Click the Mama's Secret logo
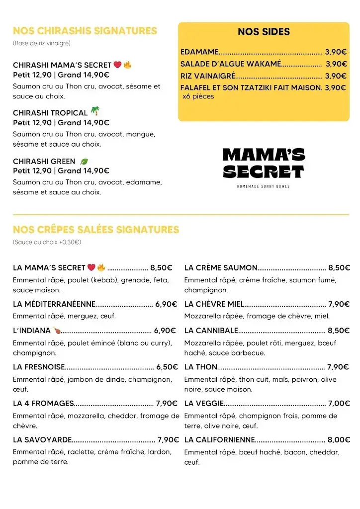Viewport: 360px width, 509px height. (264, 164)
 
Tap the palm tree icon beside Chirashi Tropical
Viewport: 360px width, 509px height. (95, 112)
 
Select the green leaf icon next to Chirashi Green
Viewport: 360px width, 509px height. (84, 162)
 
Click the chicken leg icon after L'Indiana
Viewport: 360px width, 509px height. (57, 330)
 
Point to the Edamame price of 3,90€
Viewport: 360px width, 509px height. (336, 52)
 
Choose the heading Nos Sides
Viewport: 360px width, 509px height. (264, 32)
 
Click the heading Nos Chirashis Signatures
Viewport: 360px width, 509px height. (85, 31)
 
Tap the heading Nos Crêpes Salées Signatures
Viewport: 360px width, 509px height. (95, 230)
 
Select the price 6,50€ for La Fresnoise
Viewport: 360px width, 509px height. (167, 367)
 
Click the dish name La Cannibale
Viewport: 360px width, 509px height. (211, 331)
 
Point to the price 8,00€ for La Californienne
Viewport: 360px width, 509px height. (338, 439)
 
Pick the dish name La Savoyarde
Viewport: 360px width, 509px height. (42, 439)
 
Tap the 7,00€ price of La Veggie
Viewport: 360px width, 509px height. (338, 403)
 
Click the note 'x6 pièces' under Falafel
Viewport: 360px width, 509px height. (198, 96)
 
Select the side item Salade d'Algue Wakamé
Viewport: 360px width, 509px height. (231, 64)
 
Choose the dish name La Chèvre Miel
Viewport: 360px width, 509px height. (214, 304)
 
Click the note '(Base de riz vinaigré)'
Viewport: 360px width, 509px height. (42, 43)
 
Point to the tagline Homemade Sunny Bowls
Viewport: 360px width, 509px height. (264, 186)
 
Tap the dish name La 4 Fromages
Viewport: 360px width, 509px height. (43, 403)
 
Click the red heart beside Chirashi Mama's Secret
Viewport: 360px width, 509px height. (117, 65)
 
